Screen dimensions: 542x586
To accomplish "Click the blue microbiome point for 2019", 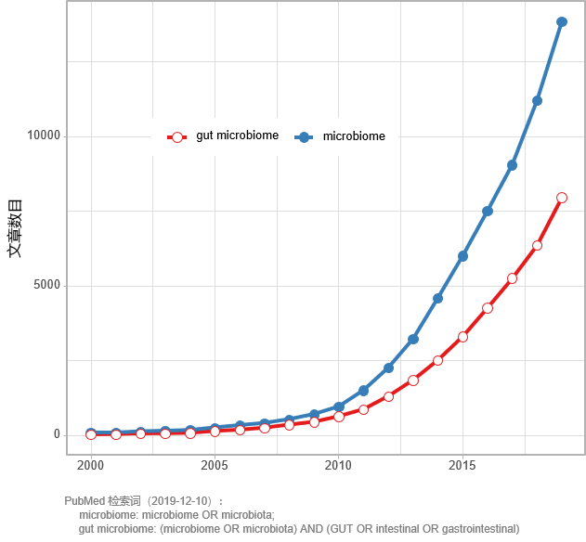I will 562,21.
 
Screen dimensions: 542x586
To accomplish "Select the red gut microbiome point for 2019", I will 562,198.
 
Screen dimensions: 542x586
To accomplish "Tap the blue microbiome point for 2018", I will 537,101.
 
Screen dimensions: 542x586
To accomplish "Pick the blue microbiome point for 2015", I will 462,255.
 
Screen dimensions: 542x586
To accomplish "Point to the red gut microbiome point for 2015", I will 462,337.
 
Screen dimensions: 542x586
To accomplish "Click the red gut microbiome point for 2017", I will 512,278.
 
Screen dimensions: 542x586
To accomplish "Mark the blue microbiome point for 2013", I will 413,339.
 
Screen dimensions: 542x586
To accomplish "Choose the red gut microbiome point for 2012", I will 388,396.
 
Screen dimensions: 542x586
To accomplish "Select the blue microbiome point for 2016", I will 488,212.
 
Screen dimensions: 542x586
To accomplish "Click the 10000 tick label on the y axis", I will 43,136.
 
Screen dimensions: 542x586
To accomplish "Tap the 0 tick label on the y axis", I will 56,435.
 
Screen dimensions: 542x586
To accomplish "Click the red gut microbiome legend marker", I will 177,137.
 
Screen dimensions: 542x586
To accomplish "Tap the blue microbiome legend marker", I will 304,137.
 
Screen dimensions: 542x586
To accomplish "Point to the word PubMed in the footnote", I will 85,501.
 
